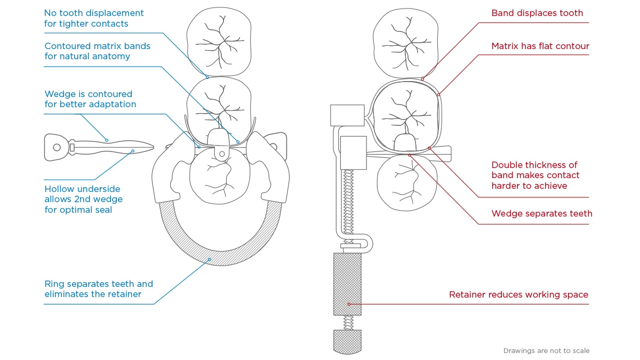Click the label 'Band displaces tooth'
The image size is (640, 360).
click(537, 13)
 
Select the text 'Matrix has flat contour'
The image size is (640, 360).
click(540, 46)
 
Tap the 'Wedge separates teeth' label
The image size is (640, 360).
click(542, 213)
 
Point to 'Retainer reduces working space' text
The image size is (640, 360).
click(518, 294)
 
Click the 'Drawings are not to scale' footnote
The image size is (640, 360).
click(546, 351)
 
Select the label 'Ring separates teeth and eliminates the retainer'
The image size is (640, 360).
click(99, 289)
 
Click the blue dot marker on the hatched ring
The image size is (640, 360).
click(210, 260)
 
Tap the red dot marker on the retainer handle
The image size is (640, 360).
click(349, 304)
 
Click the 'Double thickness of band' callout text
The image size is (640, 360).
click(535, 175)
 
